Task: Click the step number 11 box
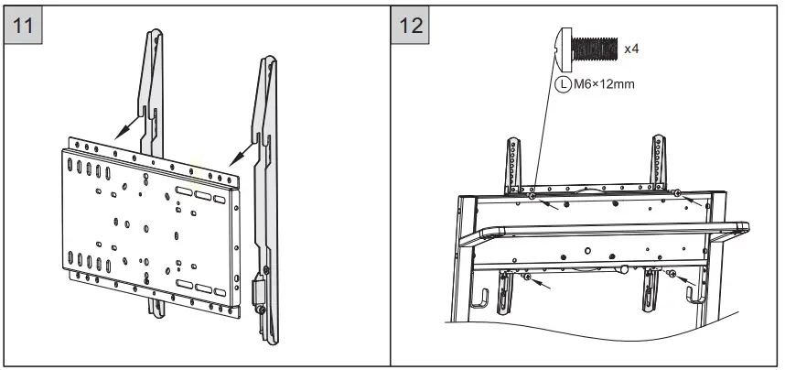click(x=27, y=25)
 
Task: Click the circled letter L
click(x=563, y=84)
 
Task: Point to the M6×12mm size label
click(x=604, y=84)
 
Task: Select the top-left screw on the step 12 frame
click(x=532, y=194)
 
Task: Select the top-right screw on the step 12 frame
click(x=675, y=193)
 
